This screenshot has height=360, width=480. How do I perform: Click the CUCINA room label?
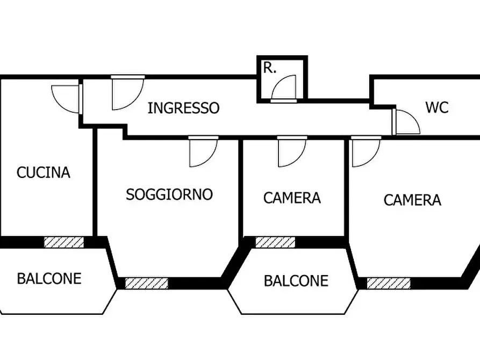click(44, 172)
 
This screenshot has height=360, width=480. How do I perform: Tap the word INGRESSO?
click(183, 108)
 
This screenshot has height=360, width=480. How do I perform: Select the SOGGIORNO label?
click(169, 194)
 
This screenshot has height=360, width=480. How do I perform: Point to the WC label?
click(436, 107)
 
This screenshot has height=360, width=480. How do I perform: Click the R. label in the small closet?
click(269, 68)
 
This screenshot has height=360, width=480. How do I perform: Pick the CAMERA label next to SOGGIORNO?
click(292, 198)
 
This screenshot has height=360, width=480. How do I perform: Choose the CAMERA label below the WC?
click(412, 200)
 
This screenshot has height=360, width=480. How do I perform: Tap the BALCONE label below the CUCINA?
click(49, 278)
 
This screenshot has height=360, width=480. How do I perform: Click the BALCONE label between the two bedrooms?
click(296, 280)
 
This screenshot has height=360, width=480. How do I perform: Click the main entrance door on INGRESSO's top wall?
click(127, 92)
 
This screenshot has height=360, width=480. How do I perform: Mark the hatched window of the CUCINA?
click(64, 242)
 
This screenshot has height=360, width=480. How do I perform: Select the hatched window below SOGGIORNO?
click(146, 283)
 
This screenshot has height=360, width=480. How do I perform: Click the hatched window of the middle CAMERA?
click(275, 242)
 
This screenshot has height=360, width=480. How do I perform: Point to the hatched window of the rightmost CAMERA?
click(389, 283)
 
